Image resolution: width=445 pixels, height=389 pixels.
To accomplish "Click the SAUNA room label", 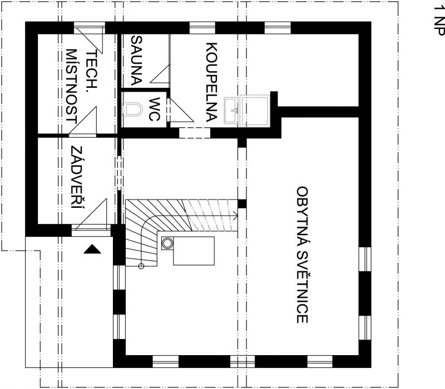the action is (x=136, y=61).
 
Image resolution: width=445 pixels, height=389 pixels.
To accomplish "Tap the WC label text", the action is (x=154, y=109).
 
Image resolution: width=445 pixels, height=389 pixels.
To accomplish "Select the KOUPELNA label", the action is (x=211, y=82).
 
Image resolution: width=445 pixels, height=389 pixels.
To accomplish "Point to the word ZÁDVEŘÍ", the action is (x=78, y=177).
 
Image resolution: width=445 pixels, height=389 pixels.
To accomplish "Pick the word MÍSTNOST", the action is (x=72, y=86).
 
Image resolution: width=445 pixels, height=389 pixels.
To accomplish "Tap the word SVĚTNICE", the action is (x=302, y=287).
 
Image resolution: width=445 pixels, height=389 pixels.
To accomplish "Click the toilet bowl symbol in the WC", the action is (x=132, y=109).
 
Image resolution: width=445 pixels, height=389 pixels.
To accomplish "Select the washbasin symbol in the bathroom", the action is (x=231, y=111).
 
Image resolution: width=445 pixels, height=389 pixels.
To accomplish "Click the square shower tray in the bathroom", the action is (x=255, y=111).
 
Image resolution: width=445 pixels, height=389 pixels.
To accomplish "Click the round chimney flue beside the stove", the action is (x=167, y=243).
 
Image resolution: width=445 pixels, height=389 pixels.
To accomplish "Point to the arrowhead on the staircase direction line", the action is (x=235, y=216).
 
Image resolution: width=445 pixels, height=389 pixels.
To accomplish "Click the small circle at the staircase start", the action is (x=141, y=266).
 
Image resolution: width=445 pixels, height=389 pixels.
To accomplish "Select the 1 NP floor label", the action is (x=439, y=21).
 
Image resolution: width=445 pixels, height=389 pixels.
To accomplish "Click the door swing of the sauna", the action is (x=160, y=74).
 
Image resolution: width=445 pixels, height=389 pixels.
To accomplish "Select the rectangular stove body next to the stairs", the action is (x=194, y=251).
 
